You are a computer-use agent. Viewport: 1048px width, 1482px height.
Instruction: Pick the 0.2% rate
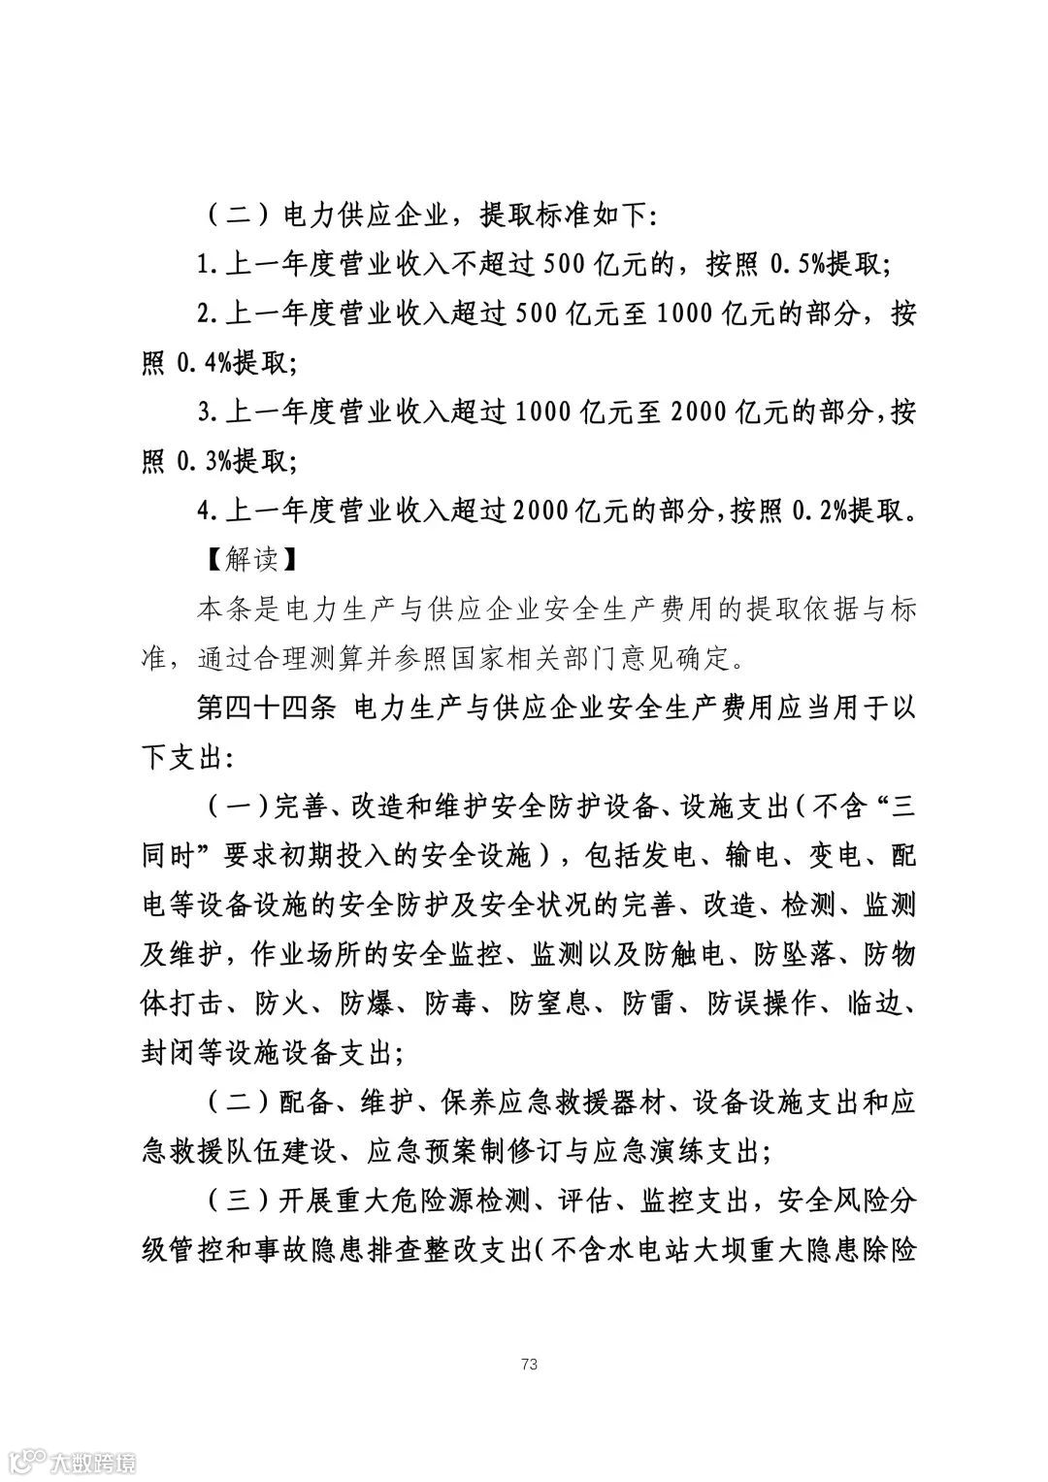pos(822,512)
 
